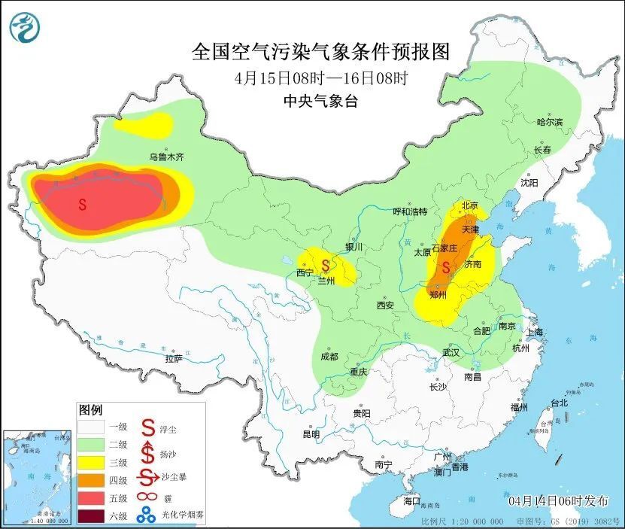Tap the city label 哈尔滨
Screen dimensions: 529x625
pyautogui.click(x=549, y=122)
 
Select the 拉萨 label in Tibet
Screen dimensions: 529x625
pyautogui.click(x=174, y=359)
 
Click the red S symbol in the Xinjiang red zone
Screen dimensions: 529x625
pyautogui.click(x=82, y=204)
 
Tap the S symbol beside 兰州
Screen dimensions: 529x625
pyautogui.click(x=326, y=265)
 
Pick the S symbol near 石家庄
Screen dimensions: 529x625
pyautogui.click(x=446, y=267)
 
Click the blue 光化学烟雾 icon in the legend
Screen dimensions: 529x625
pyautogui.click(x=147, y=515)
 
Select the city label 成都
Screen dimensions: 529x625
pyautogui.click(x=329, y=356)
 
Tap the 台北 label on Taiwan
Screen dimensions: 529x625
pyautogui.click(x=559, y=403)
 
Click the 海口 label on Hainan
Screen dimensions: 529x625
pyautogui.click(x=411, y=500)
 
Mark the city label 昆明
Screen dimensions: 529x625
pyautogui.click(x=311, y=434)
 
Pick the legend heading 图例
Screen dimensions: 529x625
pyautogui.click(x=90, y=410)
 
